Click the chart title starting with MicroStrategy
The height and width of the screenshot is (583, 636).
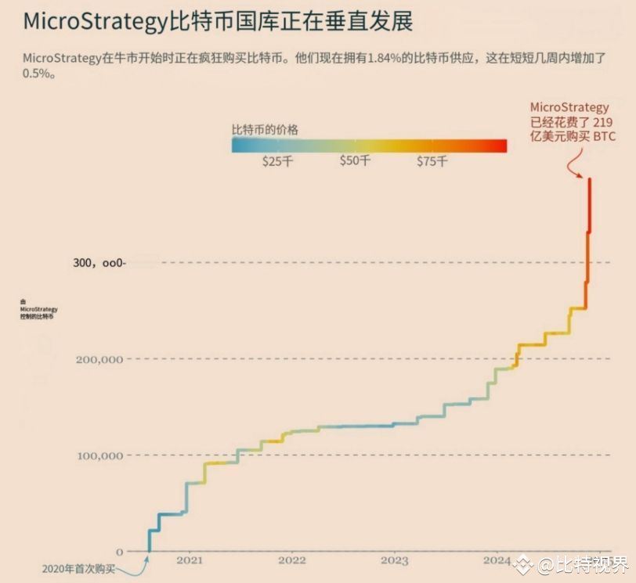[x=218, y=20]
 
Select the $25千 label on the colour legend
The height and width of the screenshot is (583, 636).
[x=277, y=161]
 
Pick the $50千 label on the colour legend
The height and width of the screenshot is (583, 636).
[x=355, y=161]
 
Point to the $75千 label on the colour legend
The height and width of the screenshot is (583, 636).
[x=432, y=161]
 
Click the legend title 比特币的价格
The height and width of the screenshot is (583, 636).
[x=265, y=129]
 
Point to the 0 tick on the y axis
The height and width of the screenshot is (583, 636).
[x=119, y=552]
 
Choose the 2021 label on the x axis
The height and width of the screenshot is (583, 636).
[x=190, y=560]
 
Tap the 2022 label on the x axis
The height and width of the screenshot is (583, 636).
[x=292, y=560]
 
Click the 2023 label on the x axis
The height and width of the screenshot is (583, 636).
[x=395, y=560]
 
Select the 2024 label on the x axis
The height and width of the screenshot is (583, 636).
[x=497, y=560]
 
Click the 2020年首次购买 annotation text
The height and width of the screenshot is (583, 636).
[x=78, y=569]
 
